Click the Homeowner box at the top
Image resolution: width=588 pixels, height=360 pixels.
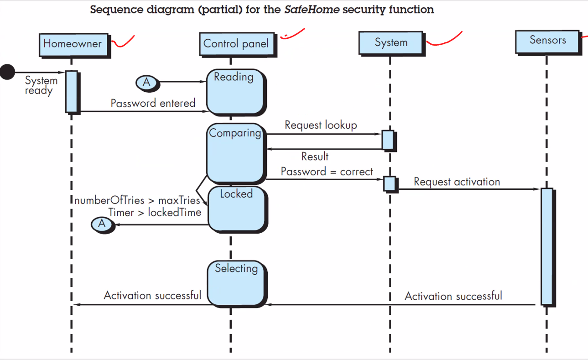click(x=73, y=44)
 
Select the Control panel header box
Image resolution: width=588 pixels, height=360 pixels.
click(x=236, y=44)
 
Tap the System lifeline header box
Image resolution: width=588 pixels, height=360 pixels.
click(x=391, y=42)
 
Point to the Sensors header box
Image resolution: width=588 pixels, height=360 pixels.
click(x=547, y=40)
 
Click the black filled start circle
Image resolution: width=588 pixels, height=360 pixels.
click(x=7, y=72)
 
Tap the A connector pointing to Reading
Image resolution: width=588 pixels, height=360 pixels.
click(x=146, y=83)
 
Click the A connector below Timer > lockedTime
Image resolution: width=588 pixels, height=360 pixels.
click(x=102, y=224)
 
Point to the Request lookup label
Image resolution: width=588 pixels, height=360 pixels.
click(x=321, y=125)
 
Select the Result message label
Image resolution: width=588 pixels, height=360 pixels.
click(x=315, y=157)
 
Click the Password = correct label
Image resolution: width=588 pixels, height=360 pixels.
click(x=327, y=172)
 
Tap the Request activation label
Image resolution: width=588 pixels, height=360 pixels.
click(x=457, y=182)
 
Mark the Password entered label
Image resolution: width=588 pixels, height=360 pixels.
click(x=153, y=103)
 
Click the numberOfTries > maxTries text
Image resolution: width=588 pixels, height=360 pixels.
click(x=137, y=200)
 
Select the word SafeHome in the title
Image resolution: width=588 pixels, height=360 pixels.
click(x=312, y=10)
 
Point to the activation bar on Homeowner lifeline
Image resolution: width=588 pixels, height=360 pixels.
click(x=72, y=91)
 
